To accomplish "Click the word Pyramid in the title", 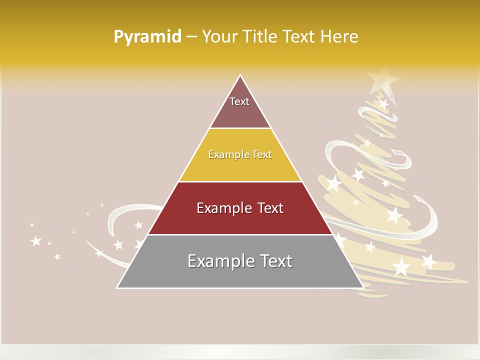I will [x=147, y=37].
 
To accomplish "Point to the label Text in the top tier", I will [x=239, y=101].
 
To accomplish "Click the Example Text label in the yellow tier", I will [x=240, y=154].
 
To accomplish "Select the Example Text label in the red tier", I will [x=240, y=208].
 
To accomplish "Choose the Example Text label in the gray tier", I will [x=240, y=261].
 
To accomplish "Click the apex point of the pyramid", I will [x=240, y=75].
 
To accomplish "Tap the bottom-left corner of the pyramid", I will [x=117, y=287].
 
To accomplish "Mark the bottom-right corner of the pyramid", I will [x=362, y=287].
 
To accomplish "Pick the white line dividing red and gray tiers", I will [x=240, y=234].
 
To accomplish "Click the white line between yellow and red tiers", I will [x=240, y=181].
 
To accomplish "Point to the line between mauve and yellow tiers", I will [x=240, y=128].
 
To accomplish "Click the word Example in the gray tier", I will [x=220, y=261].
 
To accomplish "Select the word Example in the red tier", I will [x=223, y=208].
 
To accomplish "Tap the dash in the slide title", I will [x=191, y=37].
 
